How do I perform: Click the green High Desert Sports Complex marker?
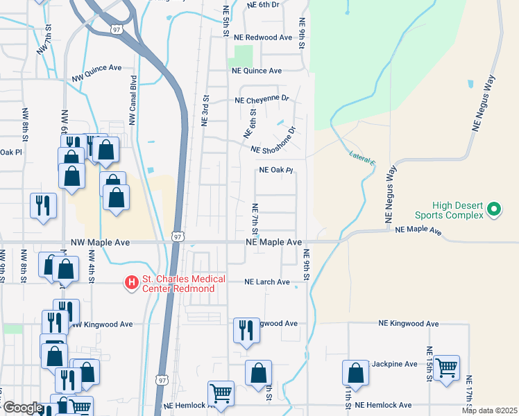pos(494,208)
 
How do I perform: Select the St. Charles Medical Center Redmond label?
pos(183,284)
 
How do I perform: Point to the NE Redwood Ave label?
pos(264,37)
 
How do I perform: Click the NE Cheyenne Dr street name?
pos(262,100)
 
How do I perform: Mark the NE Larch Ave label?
pos(266,282)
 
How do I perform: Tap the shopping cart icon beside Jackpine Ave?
pos(446,367)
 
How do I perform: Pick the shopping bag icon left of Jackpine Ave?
pos(355,372)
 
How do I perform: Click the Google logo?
pos(22,408)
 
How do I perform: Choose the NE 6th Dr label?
pos(263,4)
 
